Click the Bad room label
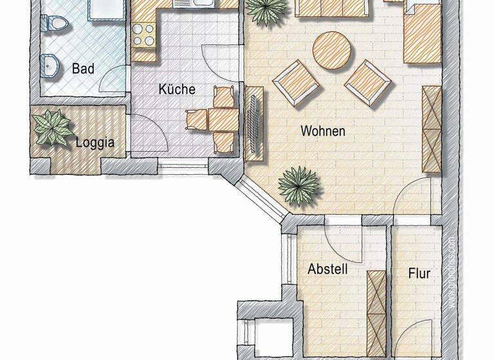(x=84, y=68)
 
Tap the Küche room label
(x=177, y=89)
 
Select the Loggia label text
(x=95, y=142)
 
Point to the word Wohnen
(x=323, y=131)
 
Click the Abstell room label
(x=327, y=269)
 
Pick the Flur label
(x=419, y=273)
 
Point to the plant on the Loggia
(x=53, y=127)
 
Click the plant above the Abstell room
(x=298, y=186)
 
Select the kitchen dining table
(x=223, y=119)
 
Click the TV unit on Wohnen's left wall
(x=254, y=122)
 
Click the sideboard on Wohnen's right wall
(x=431, y=129)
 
